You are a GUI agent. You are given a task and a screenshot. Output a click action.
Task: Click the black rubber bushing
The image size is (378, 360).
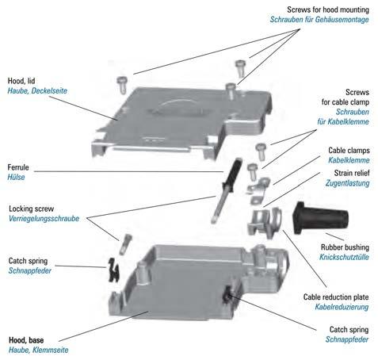click(320, 219)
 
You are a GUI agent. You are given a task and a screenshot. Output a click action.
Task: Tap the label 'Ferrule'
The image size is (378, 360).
click(18, 167)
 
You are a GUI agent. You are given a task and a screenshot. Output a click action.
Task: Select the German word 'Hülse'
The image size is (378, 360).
click(16, 177)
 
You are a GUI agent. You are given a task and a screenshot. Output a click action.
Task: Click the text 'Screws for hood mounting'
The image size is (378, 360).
click(328, 10)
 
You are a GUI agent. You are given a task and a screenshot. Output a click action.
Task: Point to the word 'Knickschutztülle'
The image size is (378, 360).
click(344, 257)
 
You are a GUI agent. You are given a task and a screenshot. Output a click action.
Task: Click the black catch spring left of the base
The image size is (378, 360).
click(114, 270)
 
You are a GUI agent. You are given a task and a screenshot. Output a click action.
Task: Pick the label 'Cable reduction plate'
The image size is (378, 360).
click(336, 297)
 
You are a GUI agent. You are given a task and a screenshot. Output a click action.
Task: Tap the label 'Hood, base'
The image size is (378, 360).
click(26, 340)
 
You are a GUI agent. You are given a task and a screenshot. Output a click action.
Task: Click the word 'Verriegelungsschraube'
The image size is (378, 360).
click(44, 219)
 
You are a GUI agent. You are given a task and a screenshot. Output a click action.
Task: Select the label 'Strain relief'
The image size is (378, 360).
click(352, 173)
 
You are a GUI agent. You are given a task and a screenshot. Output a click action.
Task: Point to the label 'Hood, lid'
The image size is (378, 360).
click(21, 81)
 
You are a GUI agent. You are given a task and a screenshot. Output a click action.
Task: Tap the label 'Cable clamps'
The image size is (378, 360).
click(349, 151)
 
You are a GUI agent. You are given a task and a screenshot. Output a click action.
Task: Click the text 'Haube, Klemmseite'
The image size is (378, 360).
click(39, 350)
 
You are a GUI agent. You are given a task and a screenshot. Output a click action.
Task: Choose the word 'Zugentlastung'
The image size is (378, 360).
click(347, 183)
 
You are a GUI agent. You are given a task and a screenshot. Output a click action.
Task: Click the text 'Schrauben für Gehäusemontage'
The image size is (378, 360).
click(319, 20)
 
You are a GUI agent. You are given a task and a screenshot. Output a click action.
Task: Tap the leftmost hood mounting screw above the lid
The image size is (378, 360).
click(122, 85)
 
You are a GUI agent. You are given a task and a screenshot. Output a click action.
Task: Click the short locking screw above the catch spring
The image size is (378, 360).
click(125, 244)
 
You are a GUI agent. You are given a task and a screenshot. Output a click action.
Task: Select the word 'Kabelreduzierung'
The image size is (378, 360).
click(342, 307)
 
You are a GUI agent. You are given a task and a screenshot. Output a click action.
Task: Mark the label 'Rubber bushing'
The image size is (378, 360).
click(345, 247)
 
